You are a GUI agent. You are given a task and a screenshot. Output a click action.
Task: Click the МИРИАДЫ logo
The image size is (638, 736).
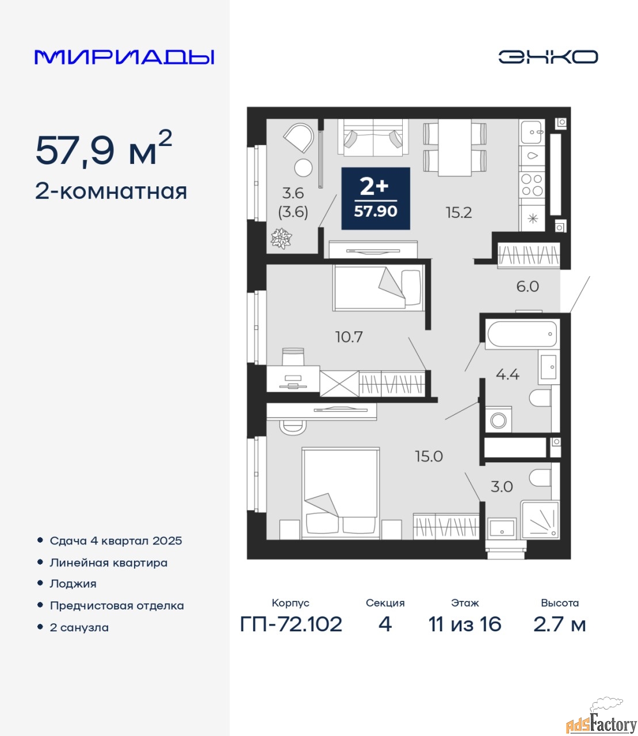124,57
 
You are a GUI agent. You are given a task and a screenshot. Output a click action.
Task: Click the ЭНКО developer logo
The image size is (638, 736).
548,57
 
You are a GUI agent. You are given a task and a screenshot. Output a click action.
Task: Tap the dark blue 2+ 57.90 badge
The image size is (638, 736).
376,198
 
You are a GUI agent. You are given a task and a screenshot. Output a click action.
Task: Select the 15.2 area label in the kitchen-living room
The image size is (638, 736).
459,213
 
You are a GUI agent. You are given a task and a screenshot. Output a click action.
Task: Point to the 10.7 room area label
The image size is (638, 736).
349,336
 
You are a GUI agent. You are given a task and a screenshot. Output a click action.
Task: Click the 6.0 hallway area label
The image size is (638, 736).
528,286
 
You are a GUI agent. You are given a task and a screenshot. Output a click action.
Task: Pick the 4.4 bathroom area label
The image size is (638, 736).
507,374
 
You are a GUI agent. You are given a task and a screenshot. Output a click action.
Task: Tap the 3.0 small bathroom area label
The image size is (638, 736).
502,486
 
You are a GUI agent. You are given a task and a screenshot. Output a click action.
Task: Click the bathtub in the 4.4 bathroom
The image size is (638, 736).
522,334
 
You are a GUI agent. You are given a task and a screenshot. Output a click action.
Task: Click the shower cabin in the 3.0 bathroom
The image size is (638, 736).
540,520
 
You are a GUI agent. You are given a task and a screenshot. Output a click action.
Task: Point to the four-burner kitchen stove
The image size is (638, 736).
532,185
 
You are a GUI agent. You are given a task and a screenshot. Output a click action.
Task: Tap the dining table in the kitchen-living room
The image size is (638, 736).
455,147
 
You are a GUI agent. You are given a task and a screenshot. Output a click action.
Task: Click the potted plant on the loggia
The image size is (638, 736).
281,239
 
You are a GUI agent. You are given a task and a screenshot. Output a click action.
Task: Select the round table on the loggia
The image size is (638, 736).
304,168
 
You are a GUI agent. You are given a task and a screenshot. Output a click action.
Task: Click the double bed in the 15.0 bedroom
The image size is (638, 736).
340,493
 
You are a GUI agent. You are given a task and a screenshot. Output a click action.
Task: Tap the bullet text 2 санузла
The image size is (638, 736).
79,627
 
